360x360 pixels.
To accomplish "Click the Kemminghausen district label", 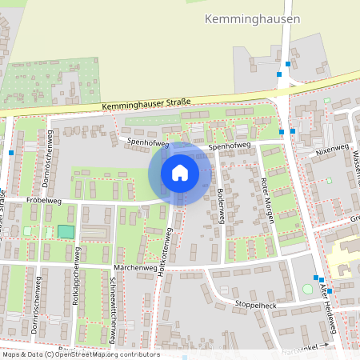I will (x=252, y=18).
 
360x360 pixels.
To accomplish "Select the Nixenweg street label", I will (x=332, y=149).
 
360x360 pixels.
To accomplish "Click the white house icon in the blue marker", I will (x=180, y=172).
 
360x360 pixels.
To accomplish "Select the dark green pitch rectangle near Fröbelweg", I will (x=65, y=231).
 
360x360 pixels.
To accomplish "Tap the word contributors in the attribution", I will (x=138, y=354).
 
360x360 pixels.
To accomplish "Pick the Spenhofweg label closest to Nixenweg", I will (x=230, y=147).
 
